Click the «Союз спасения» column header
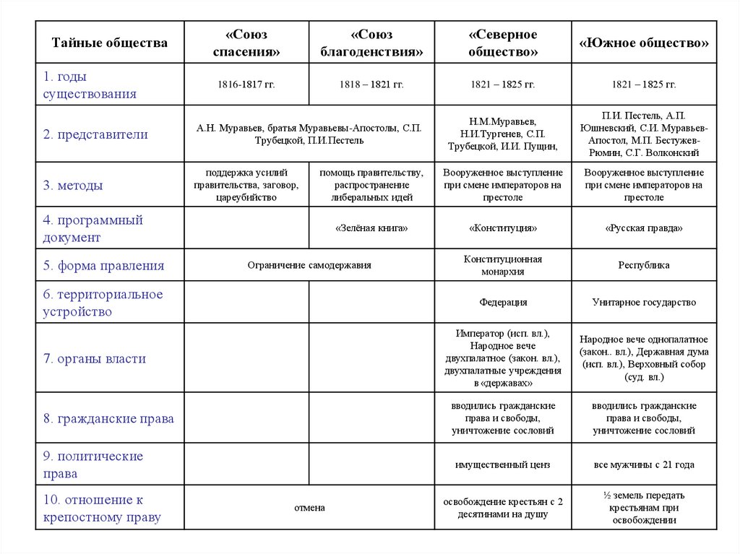tap(246, 43)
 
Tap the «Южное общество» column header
tap(644, 43)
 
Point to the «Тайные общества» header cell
tap(109, 43)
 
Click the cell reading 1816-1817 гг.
tap(246, 85)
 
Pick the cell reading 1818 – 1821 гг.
tap(371, 85)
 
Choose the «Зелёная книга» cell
tap(371, 228)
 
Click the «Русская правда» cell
tap(644, 228)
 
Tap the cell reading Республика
tap(644, 265)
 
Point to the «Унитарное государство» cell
tap(644, 303)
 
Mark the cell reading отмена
tap(309, 508)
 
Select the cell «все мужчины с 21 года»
tap(644, 464)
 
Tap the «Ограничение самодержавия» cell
tap(309, 265)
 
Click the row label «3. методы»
tap(72, 186)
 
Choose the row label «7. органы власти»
tap(94, 359)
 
